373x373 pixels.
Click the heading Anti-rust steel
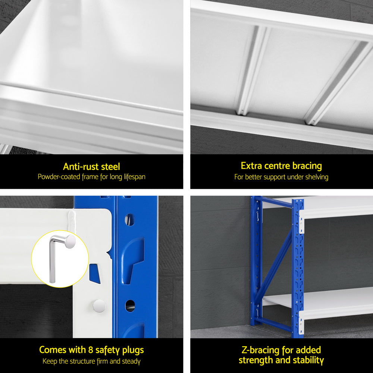pyautogui.click(x=91, y=166)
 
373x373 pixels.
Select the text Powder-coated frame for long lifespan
pyautogui.click(x=91, y=177)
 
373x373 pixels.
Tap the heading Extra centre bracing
pyautogui.click(x=281, y=166)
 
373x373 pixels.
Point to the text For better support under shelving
pyautogui.click(x=281, y=177)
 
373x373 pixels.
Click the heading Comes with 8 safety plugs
pyautogui.click(x=91, y=350)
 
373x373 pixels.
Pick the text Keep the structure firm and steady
pyautogui.click(x=91, y=361)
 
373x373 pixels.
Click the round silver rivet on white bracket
pyautogui.click(x=99, y=305)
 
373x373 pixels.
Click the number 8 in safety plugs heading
pyautogui.click(x=89, y=350)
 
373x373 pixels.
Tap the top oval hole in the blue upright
pyautogui.click(x=129, y=220)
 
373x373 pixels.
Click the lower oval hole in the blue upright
pyautogui.click(x=129, y=305)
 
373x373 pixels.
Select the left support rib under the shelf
pyautogui.click(x=250, y=71)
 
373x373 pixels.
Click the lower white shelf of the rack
pyautogui.click(x=317, y=298)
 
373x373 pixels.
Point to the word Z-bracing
pyautogui.click(x=260, y=350)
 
